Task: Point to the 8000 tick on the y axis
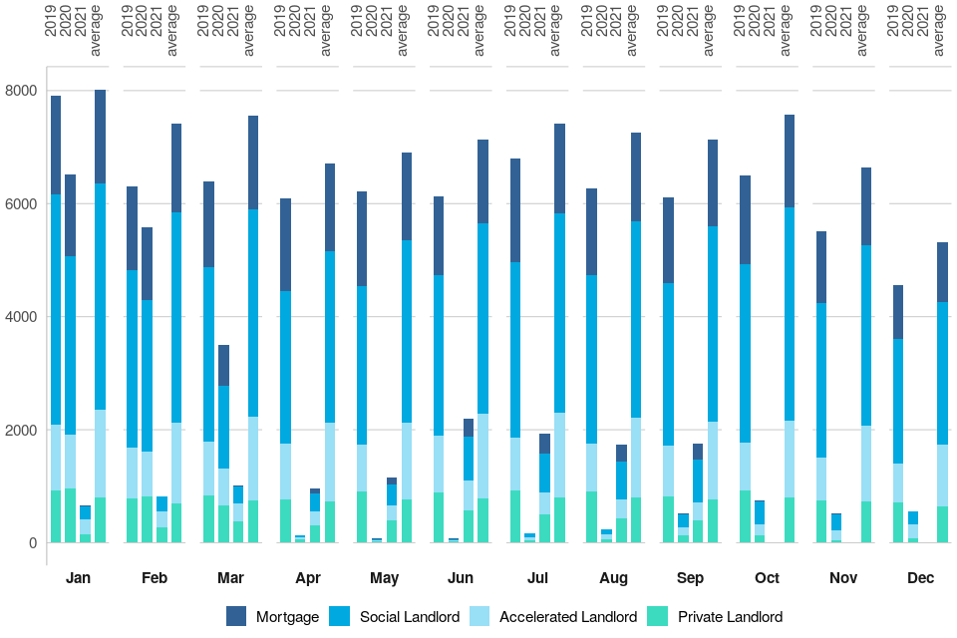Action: [x=20, y=91]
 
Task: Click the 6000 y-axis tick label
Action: [x=20, y=203]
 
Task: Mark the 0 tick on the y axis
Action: [x=33, y=543]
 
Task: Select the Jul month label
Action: [x=537, y=578]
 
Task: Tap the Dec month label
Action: [x=920, y=578]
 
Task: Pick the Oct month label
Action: [x=767, y=578]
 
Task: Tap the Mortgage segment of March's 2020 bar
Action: [x=223, y=365]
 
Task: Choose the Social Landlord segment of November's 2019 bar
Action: [x=821, y=380]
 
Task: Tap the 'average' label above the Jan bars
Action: [x=100, y=30]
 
